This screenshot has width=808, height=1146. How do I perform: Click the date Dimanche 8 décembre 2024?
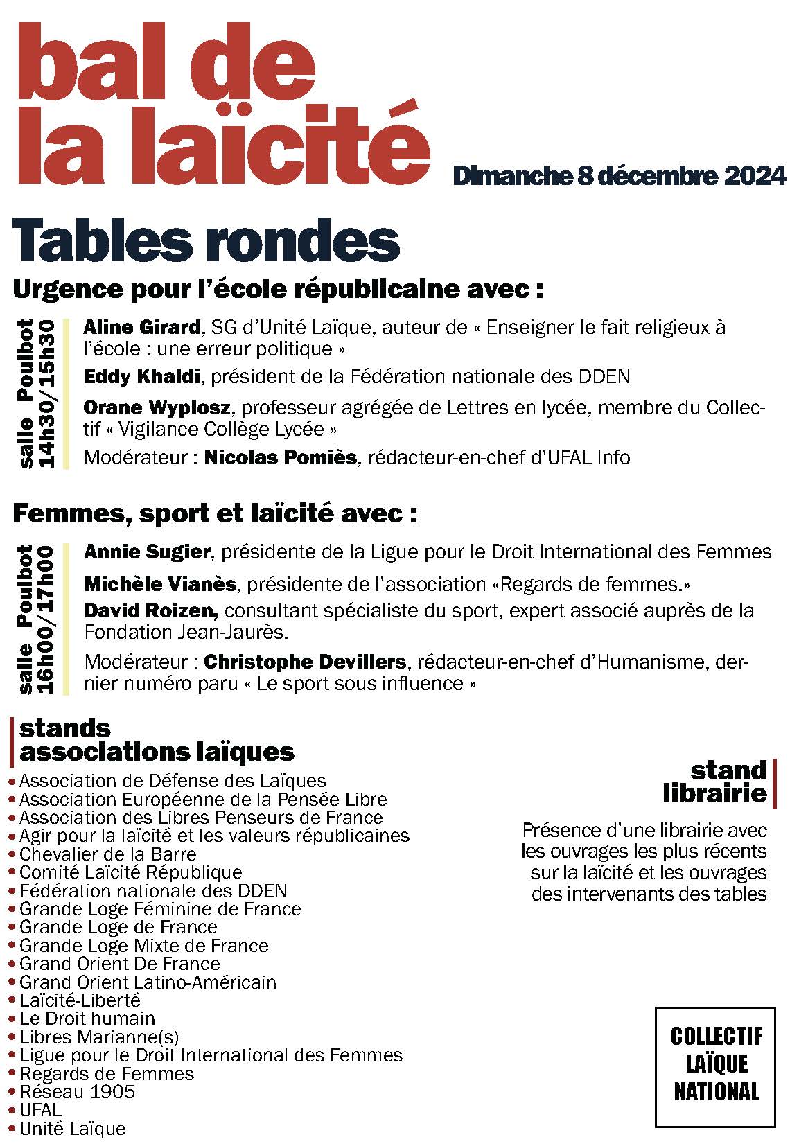click(619, 176)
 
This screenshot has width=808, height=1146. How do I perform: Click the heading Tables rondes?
click(206, 240)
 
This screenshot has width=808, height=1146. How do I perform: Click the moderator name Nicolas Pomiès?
click(280, 457)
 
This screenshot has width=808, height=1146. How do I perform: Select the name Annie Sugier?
click(147, 552)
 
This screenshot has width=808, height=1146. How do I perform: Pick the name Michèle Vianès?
click(160, 584)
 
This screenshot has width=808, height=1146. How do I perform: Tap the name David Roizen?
click(151, 610)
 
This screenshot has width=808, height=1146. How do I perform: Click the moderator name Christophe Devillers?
click(305, 662)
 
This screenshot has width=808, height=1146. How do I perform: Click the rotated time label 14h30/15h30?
click(46, 393)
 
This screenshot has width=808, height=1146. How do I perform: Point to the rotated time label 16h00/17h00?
click(46, 619)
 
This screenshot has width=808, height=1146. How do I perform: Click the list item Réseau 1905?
click(77, 1092)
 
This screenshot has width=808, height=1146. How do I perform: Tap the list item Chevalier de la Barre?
click(107, 854)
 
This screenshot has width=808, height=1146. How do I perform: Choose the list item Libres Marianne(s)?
click(99, 1037)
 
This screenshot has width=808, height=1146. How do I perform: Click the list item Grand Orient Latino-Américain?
click(148, 982)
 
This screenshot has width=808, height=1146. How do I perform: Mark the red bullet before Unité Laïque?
click(12, 1129)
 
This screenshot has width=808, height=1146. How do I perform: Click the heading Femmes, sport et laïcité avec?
click(216, 513)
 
